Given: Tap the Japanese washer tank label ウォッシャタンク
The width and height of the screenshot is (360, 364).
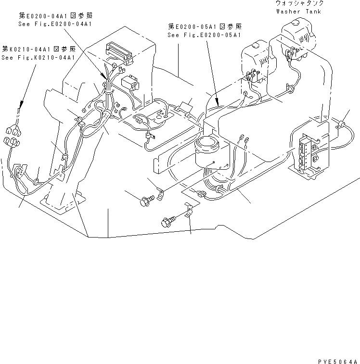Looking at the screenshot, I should pyautogui.click(x=296, y=3).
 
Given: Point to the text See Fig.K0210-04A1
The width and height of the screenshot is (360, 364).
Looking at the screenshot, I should pyautogui.click(x=38, y=57).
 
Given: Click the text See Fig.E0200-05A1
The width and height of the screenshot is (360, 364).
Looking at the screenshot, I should pyautogui.click(x=204, y=35).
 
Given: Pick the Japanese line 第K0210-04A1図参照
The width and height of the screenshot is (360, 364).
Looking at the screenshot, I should pyautogui.click(x=38, y=49).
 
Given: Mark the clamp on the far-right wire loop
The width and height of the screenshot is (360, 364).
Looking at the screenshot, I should pyautogui.click(x=342, y=125).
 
